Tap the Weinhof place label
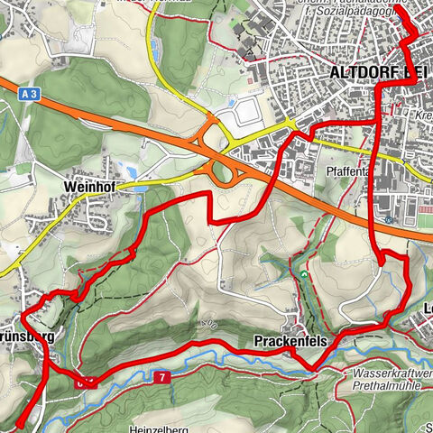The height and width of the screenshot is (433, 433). point(87,186)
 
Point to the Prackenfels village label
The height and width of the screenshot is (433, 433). point(282,340)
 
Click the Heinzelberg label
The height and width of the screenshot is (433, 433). point(156,428)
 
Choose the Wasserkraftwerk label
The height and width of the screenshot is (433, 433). point(392,371)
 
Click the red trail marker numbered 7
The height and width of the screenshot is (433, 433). point(161,375)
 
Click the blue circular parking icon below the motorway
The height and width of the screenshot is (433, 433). point(387,219)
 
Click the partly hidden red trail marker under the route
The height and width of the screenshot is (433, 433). point(84,381)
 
